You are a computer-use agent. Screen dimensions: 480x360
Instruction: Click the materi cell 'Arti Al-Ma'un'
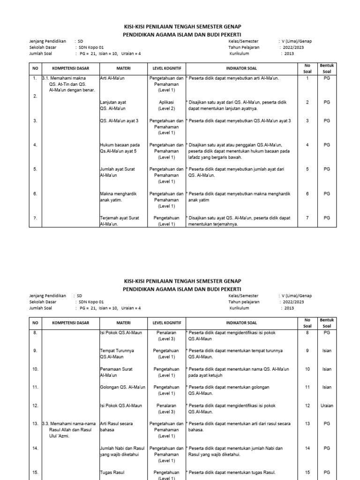click(114, 78)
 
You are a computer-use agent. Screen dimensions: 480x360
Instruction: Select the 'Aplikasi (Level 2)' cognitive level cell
click(166, 105)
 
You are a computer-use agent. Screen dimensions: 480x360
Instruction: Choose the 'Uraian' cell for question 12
click(327, 405)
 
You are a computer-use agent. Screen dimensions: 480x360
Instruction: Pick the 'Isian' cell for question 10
click(327, 369)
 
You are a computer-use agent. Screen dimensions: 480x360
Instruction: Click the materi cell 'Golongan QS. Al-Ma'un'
click(122, 387)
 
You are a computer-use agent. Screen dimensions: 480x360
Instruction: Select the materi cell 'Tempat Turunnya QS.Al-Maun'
click(117, 354)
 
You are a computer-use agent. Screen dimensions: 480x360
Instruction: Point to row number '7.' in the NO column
click(35, 218)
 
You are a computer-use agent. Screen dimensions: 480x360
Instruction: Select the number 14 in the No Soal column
click(307, 448)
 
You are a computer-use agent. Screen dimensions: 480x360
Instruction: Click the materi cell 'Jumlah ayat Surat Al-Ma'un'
click(117, 172)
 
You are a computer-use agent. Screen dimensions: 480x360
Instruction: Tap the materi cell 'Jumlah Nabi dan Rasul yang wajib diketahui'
click(121, 451)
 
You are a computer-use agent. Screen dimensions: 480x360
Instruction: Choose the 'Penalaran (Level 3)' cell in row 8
click(166, 336)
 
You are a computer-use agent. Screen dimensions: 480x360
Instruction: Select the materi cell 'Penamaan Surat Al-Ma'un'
click(115, 372)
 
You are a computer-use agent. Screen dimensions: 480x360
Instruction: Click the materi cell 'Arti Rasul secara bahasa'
click(116, 427)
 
